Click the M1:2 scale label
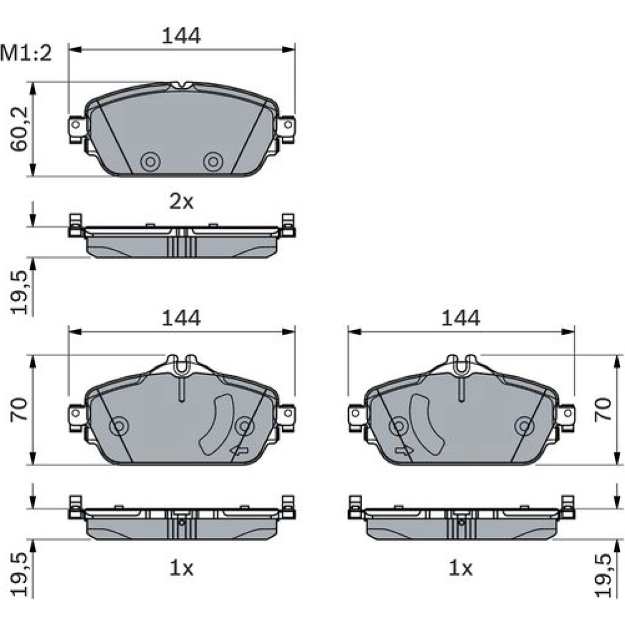26,53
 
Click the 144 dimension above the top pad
181,36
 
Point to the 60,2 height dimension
19,129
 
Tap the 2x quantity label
181,202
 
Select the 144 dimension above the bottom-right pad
461,318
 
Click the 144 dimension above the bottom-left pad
181,318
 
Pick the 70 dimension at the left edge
19,409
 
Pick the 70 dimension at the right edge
603,409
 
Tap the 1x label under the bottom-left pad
181,568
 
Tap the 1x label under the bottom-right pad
461,568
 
